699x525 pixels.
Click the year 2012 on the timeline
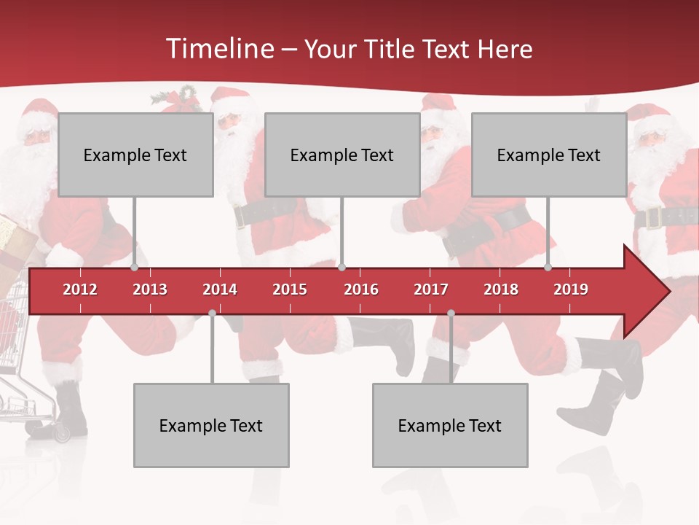pos(80,289)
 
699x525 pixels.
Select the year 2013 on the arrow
pos(150,289)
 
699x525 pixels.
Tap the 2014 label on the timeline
pos(220,289)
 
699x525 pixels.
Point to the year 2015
pos(290,289)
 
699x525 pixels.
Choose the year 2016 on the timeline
pos(361,289)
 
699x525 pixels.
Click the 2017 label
pos(431,289)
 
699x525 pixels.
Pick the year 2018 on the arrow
pos(501,289)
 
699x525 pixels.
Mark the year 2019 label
pos(571,289)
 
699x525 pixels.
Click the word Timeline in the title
pos(218,49)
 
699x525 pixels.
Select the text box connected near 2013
pos(135,155)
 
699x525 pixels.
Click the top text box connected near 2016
pos(342,155)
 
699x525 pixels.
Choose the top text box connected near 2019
pos(549,155)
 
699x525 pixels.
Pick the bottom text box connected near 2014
pos(211,425)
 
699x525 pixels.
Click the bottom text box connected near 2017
pos(450,425)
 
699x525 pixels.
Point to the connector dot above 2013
pos(135,268)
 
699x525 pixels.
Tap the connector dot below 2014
pos(212,314)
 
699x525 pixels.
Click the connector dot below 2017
pos(451,314)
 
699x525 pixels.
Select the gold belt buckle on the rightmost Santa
pos(652,217)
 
